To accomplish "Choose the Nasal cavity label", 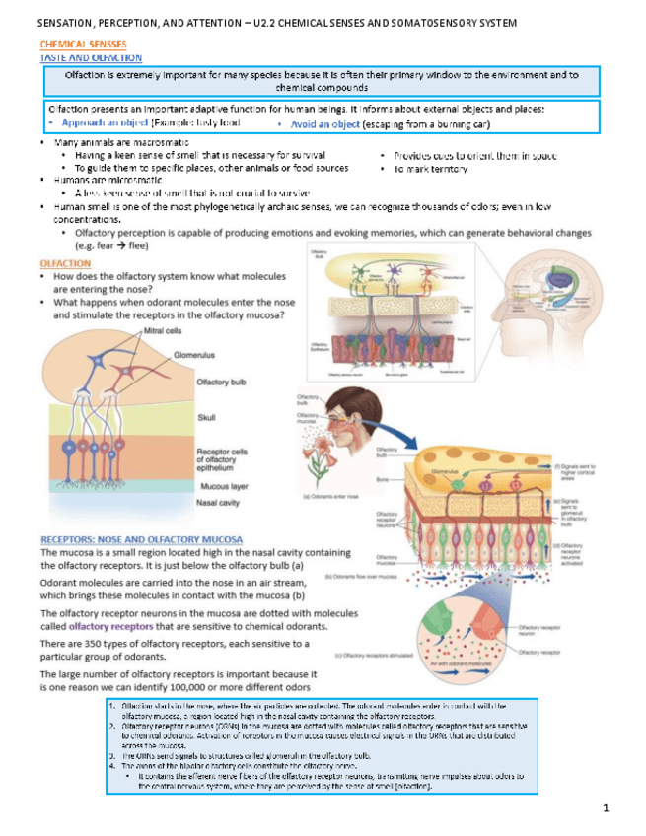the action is click(221, 502).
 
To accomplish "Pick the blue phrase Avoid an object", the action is click(318, 125).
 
